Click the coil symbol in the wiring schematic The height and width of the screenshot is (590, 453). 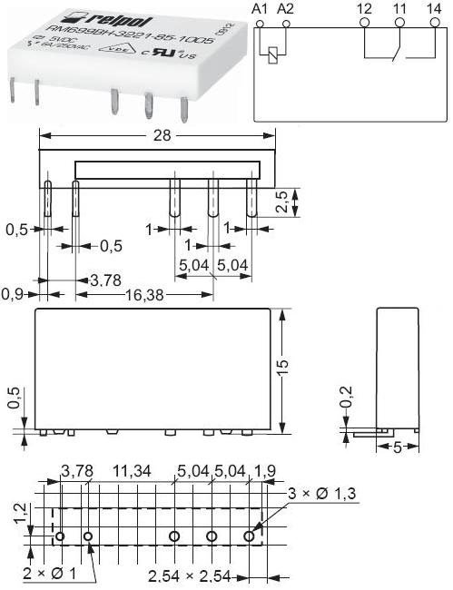click(x=271, y=54)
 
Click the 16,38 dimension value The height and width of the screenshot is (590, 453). click(x=137, y=294)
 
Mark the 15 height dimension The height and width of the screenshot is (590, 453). click(x=283, y=367)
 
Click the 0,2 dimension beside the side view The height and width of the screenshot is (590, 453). click(x=344, y=396)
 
